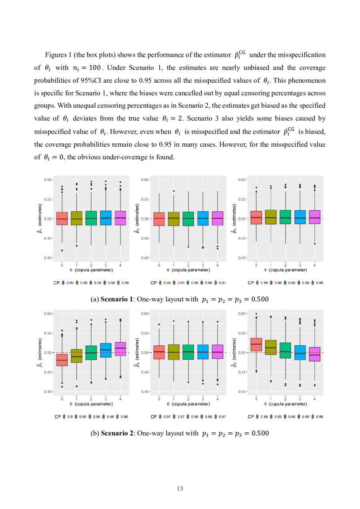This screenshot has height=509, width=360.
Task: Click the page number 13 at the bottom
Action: (180, 489)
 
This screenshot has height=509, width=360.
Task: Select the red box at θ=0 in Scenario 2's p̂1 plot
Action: (62, 360)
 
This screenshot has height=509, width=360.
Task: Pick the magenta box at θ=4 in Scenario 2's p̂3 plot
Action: (314, 354)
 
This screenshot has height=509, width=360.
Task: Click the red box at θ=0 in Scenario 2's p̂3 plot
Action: (256, 344)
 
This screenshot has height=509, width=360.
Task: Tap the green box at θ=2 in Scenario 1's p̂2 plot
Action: (188, 219)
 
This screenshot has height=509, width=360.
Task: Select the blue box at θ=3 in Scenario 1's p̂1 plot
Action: (106, 218)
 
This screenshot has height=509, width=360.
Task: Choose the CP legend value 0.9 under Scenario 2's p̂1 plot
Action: (70, 417)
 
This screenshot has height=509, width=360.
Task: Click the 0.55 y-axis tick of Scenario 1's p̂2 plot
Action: (145, 199)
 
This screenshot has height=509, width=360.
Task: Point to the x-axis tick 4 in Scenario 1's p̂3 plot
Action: (314, 265)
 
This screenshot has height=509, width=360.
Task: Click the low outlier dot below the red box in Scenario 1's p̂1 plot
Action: (62, 250)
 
